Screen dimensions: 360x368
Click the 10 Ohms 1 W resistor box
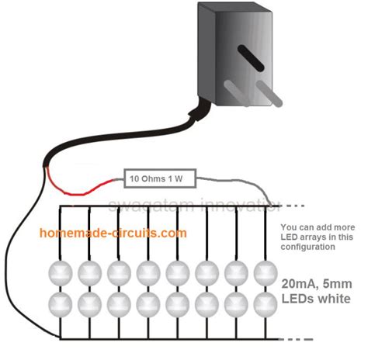coord(159,179)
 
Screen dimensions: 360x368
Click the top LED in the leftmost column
coord(61,272)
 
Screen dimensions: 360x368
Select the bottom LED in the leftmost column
coord(61,300)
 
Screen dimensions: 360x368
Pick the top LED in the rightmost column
coord(266,272)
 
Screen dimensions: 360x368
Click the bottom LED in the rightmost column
coord(266,300)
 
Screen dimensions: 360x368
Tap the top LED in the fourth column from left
coord(148,272)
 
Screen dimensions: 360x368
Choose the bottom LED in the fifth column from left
coord(178,300)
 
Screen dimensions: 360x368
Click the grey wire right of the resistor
coord(233,182)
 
